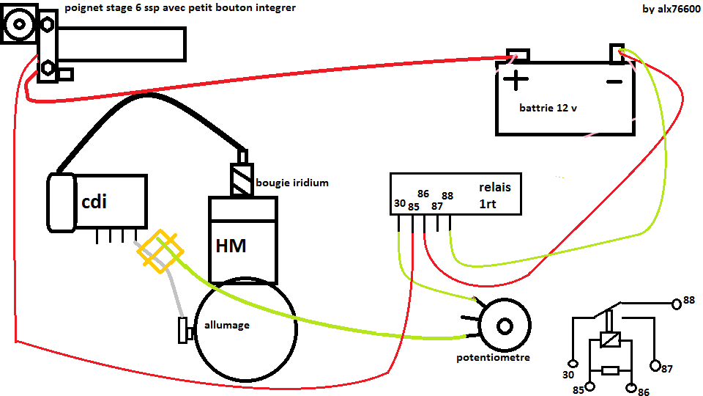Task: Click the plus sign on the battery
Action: click(516, 80)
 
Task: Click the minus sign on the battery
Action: click(614, 81)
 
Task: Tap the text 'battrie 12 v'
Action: click(548, 108)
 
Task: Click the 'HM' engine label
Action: click(231, 246)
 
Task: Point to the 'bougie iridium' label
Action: click(291, 183)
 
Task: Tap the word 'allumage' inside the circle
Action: click(227, 325)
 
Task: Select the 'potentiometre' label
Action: click(493, 358)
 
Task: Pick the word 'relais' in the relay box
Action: click(495, 187)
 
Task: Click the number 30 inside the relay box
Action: click(399, 203)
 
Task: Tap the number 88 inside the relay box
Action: click(447, 196)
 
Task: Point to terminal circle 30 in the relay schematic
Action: click(574, 363)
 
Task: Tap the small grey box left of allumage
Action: click(183, 331)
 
